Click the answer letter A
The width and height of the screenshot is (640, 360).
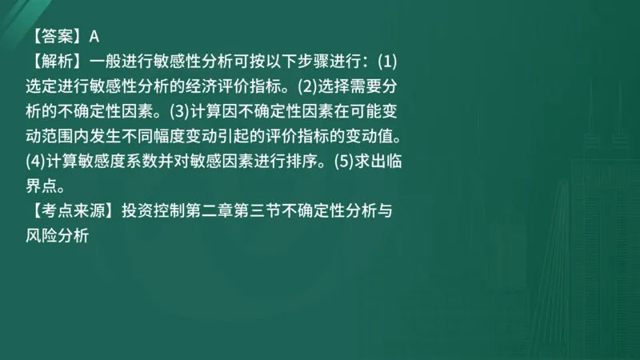coord(94,36)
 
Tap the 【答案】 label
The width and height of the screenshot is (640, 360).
coord(55,36)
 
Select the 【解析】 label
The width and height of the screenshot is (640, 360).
coord(55,60)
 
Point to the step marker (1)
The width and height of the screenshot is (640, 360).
coord(387,60)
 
